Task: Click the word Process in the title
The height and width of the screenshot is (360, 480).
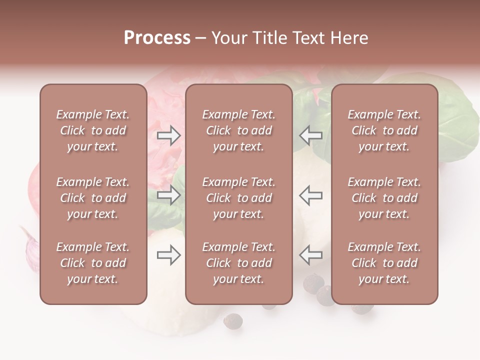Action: click(157, 38)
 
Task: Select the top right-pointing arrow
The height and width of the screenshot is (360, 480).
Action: click(168, 135)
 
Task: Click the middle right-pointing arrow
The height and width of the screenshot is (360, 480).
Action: click(168, 195)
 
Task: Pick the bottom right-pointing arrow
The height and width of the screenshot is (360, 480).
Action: click(168, 255)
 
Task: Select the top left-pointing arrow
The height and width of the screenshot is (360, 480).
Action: click(311, 135)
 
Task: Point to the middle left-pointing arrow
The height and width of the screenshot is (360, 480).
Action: click(311, 195)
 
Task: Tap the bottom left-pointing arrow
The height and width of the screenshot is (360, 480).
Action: click(311, 255)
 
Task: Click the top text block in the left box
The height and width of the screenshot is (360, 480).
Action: click(93, 130)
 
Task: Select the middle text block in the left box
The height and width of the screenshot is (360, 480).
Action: click(93, 198)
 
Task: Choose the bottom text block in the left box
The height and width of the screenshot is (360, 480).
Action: click(93, 263)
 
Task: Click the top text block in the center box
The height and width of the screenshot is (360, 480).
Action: click(238, 130)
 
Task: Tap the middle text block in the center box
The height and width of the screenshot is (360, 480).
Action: click(238, 198)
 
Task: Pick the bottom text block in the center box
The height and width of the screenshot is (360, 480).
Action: click(238, 263)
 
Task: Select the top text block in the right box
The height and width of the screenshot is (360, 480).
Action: click(384, 130)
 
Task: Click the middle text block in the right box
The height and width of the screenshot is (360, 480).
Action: click(384, 198)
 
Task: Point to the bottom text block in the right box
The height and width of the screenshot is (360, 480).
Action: click(384, 263)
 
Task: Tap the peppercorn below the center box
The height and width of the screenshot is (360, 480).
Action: click(232, 320)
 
